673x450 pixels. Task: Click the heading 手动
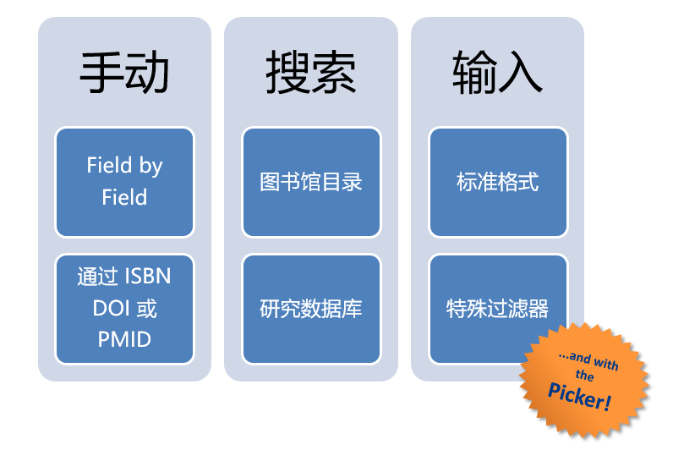click(x=124, y=73)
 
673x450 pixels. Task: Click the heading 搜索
click(x=310, y=73)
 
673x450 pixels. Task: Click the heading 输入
click(x=497, y=73)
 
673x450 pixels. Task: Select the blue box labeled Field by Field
click(x=124, y=182)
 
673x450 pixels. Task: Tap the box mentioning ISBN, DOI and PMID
click(x=124, y=309)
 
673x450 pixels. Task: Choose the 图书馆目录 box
click(x=310, y=182)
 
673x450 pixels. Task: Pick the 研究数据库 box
click(x=310, y=309)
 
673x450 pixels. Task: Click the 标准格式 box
click(x=497, y=182)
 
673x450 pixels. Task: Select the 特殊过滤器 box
click(x=497, y=309)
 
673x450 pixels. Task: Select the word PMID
click(x=124, y=340)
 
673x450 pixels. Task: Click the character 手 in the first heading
click(x=101, y=73)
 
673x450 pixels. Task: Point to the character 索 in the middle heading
click(x=333, y=73)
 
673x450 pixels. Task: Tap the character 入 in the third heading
click(x=520, y=73)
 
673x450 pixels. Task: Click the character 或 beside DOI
click(x=146, y=308)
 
